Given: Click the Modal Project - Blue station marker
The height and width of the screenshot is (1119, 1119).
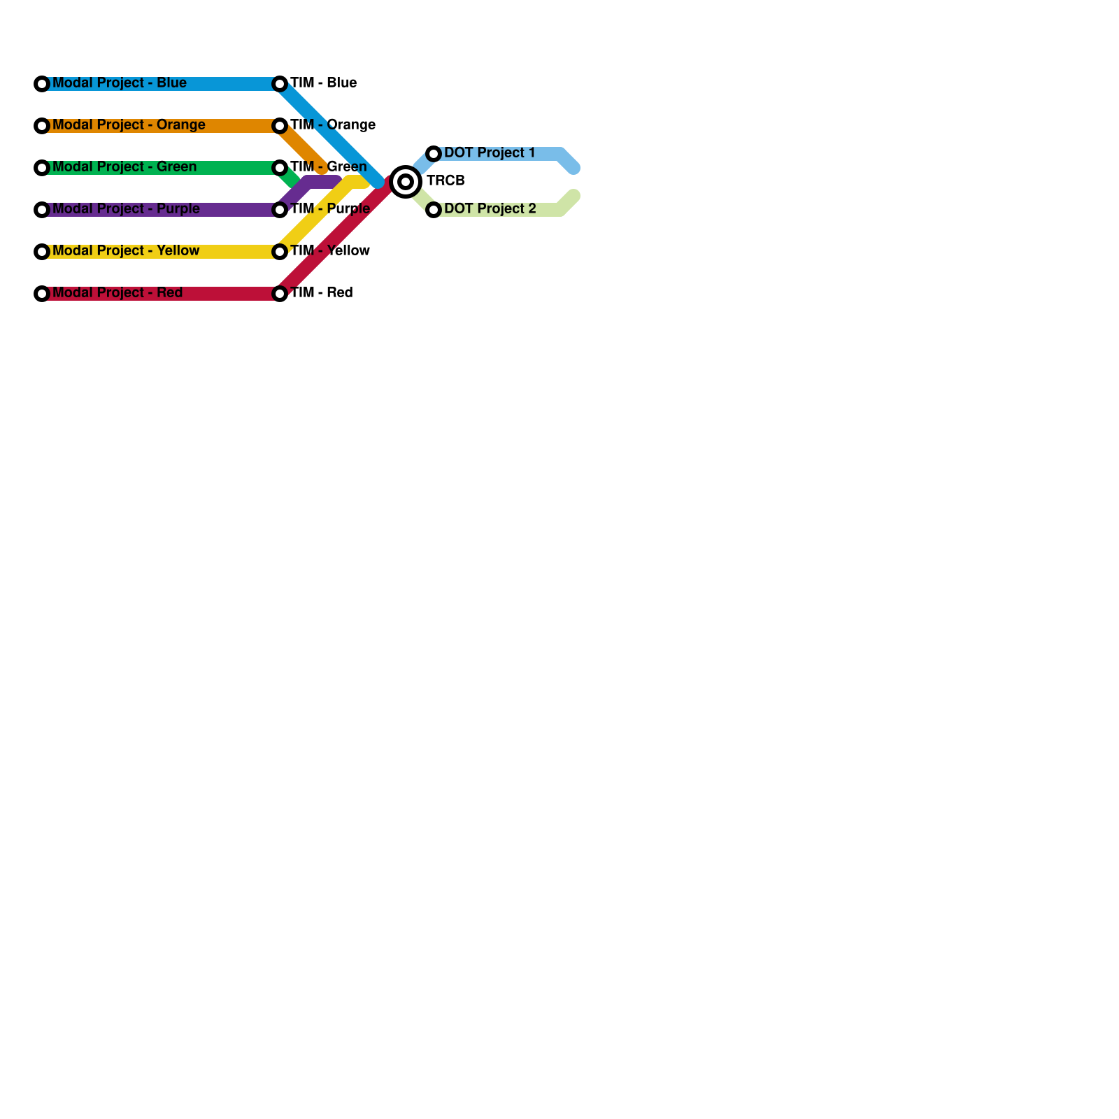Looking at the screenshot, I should pyautogui.click(x=42, y=84).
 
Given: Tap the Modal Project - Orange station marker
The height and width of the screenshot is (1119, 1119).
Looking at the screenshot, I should pyautogui.click(x=42, y=126).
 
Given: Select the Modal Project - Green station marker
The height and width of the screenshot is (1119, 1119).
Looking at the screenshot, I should pyautogui.click(x=42, y=168).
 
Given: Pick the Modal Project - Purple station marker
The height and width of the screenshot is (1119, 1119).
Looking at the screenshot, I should pyautogui.click(x=42, y=210).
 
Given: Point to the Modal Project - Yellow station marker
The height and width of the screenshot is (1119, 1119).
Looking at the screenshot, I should pyautogui.click(x=42, y=252).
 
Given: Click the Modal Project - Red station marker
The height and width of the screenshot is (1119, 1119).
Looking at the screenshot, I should pyautogui.click(x=42, y=294).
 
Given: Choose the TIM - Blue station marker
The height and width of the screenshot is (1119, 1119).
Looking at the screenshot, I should pyautogui.click(x=280, y=84).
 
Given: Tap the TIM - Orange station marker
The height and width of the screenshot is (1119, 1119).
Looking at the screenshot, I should pyautogui.click(x=280, y=126).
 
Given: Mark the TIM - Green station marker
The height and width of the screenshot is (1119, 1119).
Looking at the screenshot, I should pyautogui.click(x=280, y=168).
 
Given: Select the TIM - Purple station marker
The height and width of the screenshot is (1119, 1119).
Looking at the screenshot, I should pyautogui.click(x=280, y=210).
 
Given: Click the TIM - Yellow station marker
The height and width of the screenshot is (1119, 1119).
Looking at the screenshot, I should pyautogui.click(x=280, y=252).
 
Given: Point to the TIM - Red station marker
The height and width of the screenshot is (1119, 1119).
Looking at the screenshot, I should pyautogui.click(x=280, y=294).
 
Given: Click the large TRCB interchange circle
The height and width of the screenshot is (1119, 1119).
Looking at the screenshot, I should pyautogui.click(x=406, y=182).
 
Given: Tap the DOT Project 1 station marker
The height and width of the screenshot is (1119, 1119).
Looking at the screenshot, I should pyautogui.click(x=434, y=154).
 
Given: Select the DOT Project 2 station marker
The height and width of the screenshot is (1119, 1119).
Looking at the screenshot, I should pyautogui.click(x=434, y=210).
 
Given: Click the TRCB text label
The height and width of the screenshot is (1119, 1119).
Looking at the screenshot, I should pyautogui.click(x=446, y=181).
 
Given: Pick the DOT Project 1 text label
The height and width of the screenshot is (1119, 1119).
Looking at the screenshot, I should pyautogui.click(x=490, y=153).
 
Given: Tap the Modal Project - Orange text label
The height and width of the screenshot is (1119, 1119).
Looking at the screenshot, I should pyautogui.click(x=129, y=125).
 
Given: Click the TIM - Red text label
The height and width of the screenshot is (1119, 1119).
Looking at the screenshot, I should pyautogui.click(x=321, y=293).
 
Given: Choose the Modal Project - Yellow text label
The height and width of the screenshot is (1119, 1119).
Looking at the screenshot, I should pyautogui.click(x=126, y=251).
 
